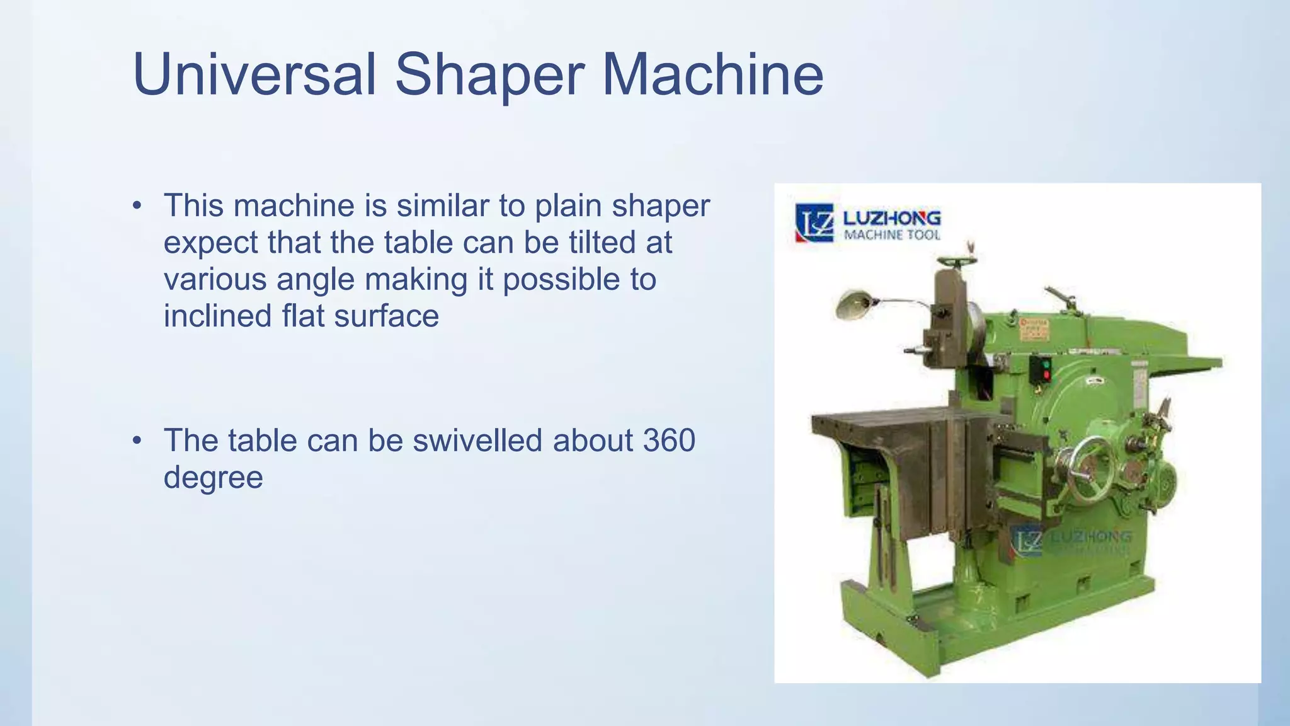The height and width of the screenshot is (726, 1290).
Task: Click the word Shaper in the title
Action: [490, 76]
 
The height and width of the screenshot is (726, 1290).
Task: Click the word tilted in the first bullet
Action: [602, 243]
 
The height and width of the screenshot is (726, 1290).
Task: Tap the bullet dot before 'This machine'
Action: [137, 206]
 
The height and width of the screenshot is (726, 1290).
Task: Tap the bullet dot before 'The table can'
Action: [137, 441]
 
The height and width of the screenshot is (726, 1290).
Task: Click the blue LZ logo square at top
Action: [814, 222]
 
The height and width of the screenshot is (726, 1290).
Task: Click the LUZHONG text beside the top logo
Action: [891, 218]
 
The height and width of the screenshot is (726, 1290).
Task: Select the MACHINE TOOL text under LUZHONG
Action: [891, 235]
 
